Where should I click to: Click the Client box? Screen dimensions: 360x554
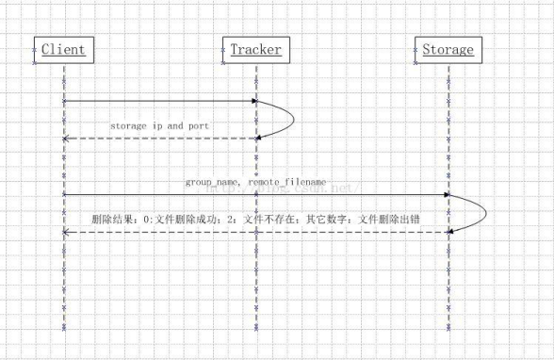pos(63,49)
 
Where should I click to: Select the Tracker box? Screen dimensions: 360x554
pos(254,49)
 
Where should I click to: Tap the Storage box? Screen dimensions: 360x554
pos(448,49)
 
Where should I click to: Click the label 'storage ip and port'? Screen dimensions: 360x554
pos(159,124)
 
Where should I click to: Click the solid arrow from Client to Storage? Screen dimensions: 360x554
pos(254,195)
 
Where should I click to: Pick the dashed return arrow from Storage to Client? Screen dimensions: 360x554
pos(254,231)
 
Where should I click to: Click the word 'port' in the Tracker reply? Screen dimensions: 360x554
pos(197,124)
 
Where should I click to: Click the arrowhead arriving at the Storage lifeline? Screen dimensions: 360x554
pos(446,195)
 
